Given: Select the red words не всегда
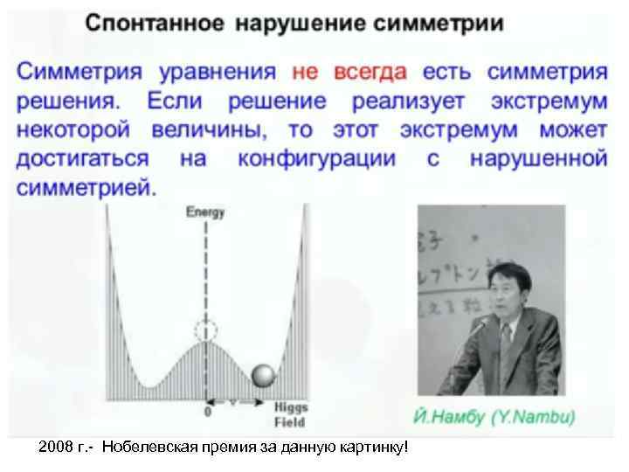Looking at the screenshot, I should (x=349, y=70).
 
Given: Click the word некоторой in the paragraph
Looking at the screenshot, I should (x=73, y=130).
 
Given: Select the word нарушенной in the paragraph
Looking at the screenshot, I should (x=538, y=159).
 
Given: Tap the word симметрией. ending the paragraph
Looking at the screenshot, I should (x=86, y=188).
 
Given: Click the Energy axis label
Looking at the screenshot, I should (x=207, y=212).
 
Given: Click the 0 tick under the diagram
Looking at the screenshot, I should (x=207, y=411).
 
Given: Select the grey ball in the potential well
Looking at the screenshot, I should (x=264, y=375).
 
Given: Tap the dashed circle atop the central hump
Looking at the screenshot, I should (x=207, y=331).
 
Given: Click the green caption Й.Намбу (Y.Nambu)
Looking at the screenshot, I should (x=494, y=418).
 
